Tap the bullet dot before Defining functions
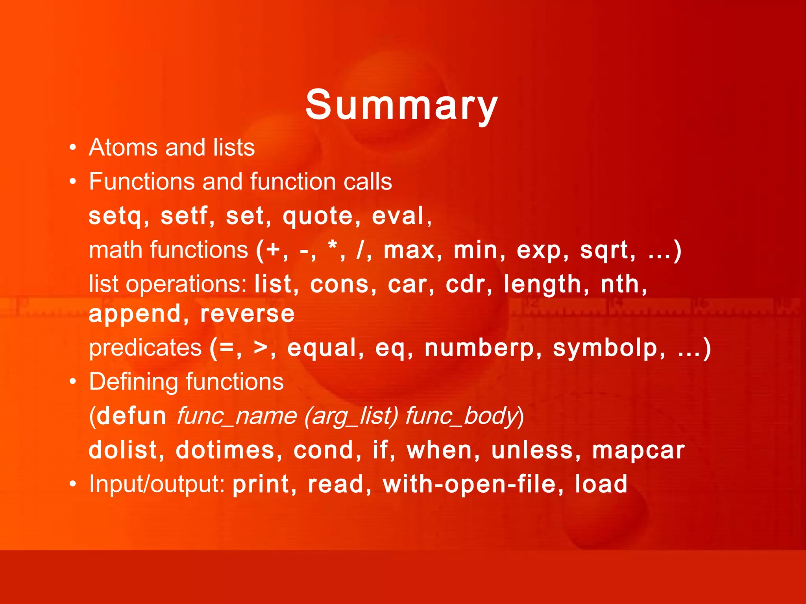(72, 382)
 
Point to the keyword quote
(318, 217)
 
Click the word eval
(397, 216)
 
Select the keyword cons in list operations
(339, 284)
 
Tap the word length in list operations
(542, 285)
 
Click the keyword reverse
(247, 314)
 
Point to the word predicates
(145, 348)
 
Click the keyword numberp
(479, 348)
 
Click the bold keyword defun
(132, 416)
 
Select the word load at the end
(601, 484)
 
